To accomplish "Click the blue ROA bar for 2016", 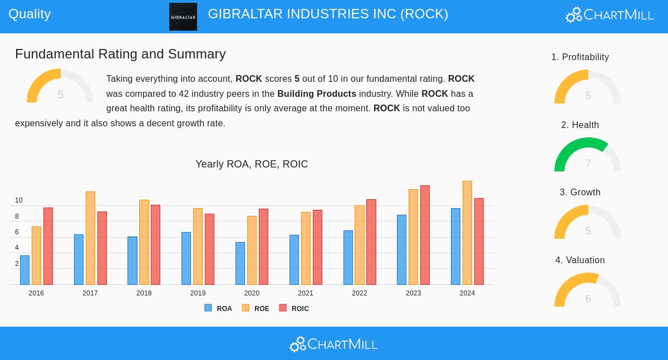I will click(24, 270).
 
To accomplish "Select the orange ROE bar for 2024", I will click(467, 233).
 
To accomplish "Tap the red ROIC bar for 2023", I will click(425, 235).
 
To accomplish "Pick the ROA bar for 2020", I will click(240, 264).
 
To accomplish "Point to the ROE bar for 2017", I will click(90, 238).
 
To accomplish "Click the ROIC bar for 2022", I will click(371, 242).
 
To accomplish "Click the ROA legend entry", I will click(218, 308).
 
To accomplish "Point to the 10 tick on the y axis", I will click(19, 200).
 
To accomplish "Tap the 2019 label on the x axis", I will click(198, 293).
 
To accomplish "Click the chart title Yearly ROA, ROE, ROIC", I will click(252, 164).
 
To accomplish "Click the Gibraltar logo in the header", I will click(183, 17).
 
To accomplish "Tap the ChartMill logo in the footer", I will click(333, 344).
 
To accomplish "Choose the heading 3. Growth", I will click(580, 193).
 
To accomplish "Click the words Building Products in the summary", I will click(317, 93).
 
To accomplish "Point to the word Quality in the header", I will click(30, 14).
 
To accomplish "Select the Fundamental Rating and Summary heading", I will click(120, 54).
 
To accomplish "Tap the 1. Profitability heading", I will click(580, 57).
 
